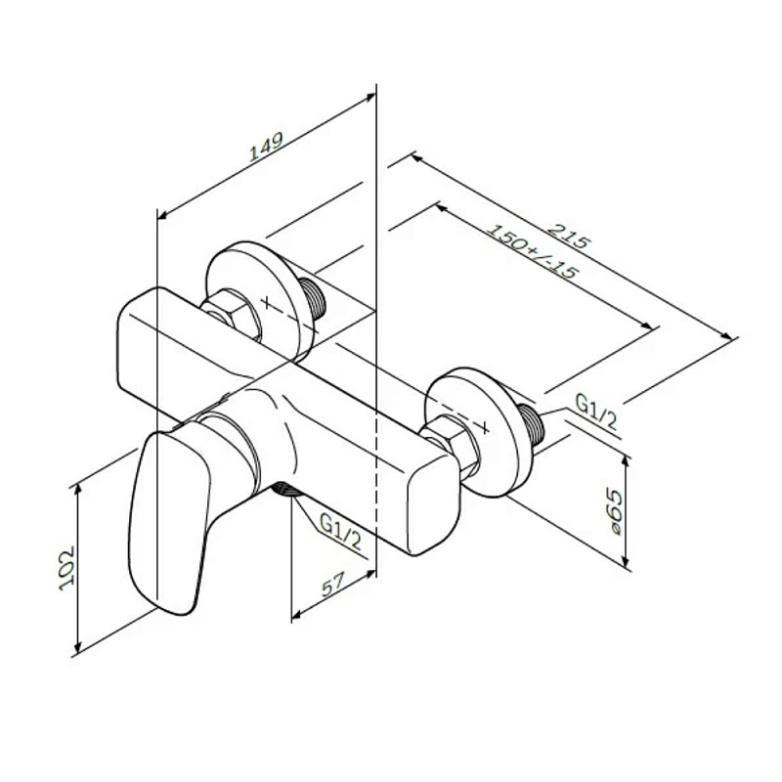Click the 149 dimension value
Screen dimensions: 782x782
click(266, 147)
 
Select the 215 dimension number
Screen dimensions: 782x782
click(569, 236)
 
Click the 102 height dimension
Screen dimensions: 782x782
click(66, 569)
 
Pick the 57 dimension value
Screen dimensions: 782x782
click(333, 584)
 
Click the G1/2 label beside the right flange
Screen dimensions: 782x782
click(596, 412)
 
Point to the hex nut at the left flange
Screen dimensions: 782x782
click(232, 317)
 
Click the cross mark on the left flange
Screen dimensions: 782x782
click(268, 302)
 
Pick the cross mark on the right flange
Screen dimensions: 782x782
click(485, 426)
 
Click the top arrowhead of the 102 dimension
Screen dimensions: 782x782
click(77, 491)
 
